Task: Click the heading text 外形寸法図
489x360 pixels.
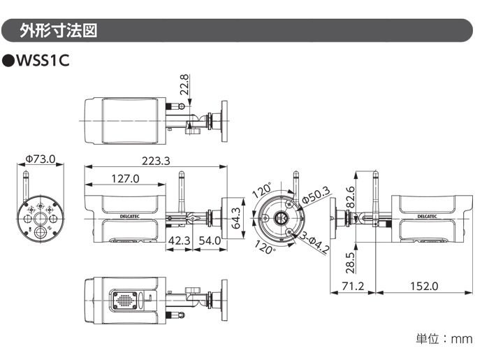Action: tap(59, 31)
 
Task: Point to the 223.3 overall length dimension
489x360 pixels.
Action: tap(156, 161)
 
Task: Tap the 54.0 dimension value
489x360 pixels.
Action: tap(210, 241)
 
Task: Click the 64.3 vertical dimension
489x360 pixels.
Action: tap(236, 217)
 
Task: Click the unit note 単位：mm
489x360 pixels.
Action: tap(444, 339)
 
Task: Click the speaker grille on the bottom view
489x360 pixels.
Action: tap(124, 299)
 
